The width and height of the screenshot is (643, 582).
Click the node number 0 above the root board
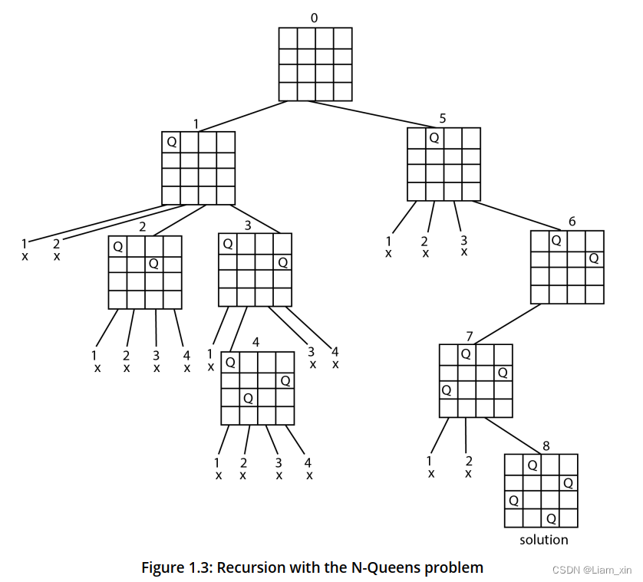[315, 18]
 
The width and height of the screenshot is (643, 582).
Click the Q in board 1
[171, 142]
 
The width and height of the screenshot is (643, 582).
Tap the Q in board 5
[434, 137]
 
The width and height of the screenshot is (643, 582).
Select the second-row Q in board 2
[154, 264]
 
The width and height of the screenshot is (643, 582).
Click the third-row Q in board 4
[248, 398]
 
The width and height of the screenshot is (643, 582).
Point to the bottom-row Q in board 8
[551, 519]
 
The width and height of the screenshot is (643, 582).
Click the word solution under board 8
[544, 540]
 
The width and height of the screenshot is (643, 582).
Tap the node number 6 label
[572, 222]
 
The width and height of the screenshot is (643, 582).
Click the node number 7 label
[469, 335]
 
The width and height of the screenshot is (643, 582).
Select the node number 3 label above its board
[247, 225]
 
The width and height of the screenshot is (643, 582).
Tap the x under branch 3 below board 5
[463, 252]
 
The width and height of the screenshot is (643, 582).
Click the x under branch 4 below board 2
[186, 368]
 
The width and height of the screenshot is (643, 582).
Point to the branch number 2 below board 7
[468, 461]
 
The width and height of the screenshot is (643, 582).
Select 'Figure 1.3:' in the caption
[177, 568]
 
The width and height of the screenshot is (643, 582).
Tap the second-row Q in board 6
[593, 258]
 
